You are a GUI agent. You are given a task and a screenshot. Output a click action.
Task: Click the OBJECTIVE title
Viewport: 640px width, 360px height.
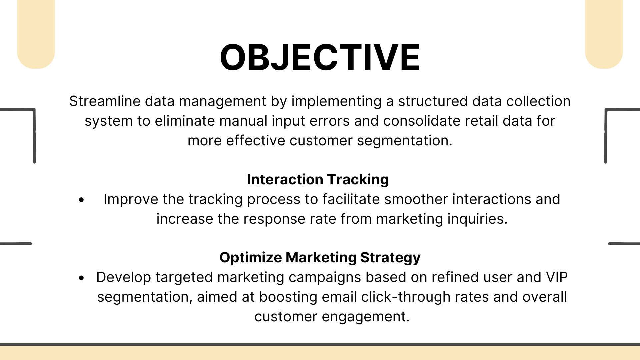(x=320, y=57)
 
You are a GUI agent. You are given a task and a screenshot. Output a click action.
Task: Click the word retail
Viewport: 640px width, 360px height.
(x=482, y=121)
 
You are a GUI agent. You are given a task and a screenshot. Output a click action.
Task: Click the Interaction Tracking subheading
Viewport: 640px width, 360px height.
(x=318, y=180)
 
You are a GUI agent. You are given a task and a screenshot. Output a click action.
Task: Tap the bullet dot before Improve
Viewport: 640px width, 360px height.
(x=82, y=200)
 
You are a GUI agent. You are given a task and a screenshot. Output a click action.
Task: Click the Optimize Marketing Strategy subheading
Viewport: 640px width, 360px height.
(x=320, y=258)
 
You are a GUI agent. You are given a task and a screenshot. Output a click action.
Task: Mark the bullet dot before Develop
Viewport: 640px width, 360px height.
(x=82, y=278)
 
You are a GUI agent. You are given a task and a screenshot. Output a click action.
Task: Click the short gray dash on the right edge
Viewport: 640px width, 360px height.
(x=624, y=244)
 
